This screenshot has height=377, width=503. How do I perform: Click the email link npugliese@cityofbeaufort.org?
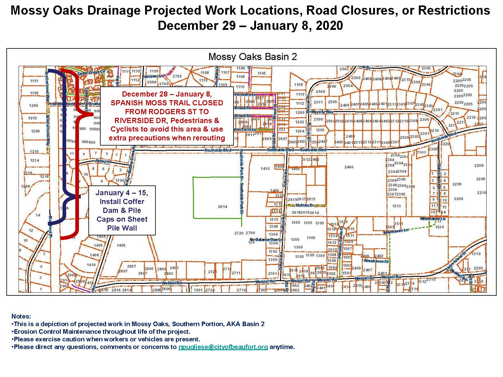[x=223, y=347]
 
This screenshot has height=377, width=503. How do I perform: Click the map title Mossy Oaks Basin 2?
[x=252, y=57]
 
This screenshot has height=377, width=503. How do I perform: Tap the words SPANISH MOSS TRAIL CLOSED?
[x=167, y=103]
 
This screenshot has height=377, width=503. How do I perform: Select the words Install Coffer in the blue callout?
[x=122, y=202]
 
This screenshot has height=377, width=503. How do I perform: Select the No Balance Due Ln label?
[x=266, y=240]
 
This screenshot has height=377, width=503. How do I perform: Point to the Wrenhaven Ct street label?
[x=376, y=261]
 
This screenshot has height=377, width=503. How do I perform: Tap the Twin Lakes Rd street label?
[x=439, y=174]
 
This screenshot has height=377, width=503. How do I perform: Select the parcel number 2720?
[x=239, y=233]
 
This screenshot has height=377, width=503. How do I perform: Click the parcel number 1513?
[x=396, y=206]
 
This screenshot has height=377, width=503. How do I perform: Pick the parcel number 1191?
[x=34, y=81]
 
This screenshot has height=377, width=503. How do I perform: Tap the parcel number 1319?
[x=476, y=254]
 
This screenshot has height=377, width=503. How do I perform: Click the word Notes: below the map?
[x=21, y=317]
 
